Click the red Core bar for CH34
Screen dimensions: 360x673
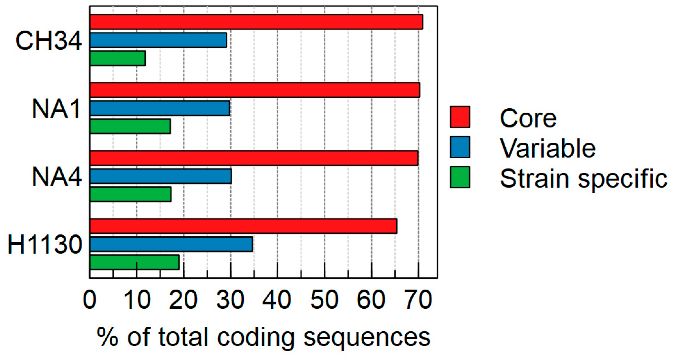coord(256,22)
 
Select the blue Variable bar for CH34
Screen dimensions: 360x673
coord(158,40)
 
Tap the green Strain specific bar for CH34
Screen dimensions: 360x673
coord(118,58)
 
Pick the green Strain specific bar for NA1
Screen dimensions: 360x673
coord(130,126)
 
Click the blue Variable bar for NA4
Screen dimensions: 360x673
coord(160,176)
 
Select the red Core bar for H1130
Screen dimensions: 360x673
coord(243,226)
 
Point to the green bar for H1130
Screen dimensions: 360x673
coord(134,262)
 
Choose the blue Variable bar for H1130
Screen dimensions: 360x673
coord(171,244)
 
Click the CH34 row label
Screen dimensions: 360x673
coord(48,41)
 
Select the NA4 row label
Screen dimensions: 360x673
coord(57,177)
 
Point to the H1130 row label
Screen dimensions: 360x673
coord(45,245)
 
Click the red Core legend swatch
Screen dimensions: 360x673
coord(460,117)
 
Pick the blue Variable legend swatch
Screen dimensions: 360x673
coord(460,147)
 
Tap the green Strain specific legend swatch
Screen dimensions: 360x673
coord(460,177)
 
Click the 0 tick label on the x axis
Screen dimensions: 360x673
coord(89,300)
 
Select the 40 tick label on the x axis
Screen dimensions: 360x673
coord(277,300)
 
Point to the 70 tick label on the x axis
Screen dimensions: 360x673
coord(419,300)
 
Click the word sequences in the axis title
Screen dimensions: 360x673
coord(367,337)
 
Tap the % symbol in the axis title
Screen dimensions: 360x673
coord(108,337)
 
